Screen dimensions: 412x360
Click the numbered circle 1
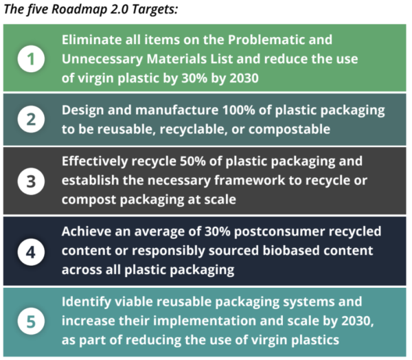click(x=31, y=58)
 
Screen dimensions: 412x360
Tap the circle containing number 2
click(x=31, y=119)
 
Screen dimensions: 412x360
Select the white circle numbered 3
click(x=31, y=181)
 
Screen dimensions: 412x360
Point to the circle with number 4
click(x=31, y=252)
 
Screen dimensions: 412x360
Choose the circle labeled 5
click(x=31, y=321)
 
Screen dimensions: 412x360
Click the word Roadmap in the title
click(x=79, y=10)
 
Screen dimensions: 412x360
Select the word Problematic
click(x=264, y=40)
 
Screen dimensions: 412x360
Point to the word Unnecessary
click(x=102, y=60)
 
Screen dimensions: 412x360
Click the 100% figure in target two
click(x=238, y=110)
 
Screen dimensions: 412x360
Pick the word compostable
click(x=289, y=130)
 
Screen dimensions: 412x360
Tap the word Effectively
click(x=95, y=161)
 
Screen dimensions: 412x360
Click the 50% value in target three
click(x=192, y=161)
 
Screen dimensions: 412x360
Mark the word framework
click(x=249, y=180)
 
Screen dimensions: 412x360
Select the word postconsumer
click(x=279, y=232)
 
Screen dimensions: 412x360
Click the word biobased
click(x=291, y=250)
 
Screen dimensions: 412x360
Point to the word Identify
click(x=87, y=302)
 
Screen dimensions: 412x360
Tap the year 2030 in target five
click(x=357, y=321)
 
